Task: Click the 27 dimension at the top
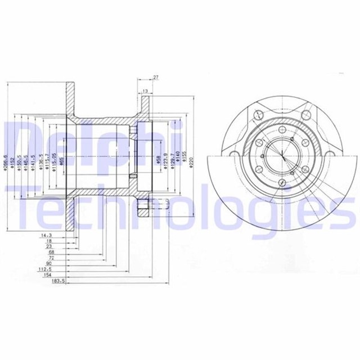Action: click(x=155, y=78)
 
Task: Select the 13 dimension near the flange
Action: click(x=145, y=91)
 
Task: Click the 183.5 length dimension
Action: click(x=58, y=280)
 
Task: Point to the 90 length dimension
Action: click(x=49, y=262)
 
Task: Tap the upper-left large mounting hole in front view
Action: click(x=259, y=115)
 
